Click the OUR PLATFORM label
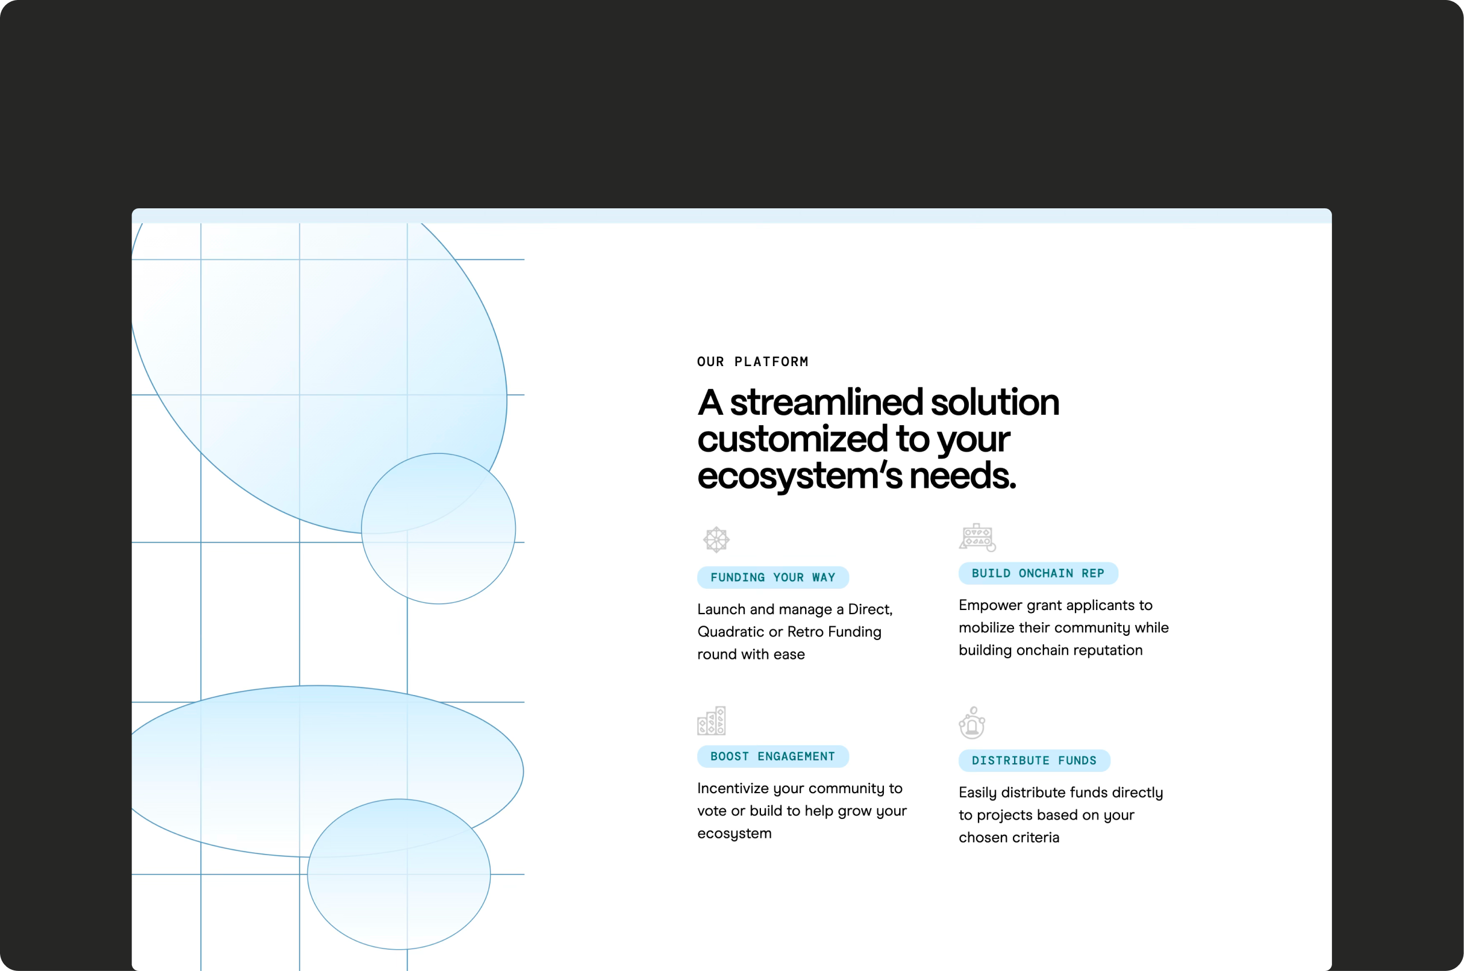(752, 362)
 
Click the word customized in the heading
(793, 439)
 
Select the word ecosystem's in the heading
(799, 476)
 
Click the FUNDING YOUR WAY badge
(772, 577)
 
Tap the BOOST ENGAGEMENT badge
(772, 756)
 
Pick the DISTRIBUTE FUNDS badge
(1034, 760)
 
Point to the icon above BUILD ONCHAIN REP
(977, 537)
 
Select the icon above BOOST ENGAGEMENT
(712, 721)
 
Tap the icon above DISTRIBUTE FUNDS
(972, 723)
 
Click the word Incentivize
(733, 789)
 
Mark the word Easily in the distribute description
(977, 793)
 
